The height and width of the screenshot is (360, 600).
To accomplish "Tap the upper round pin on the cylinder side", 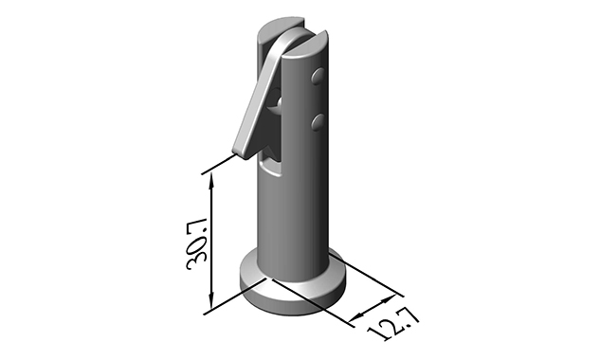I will (x=319, y=75).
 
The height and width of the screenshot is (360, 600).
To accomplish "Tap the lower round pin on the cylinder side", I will (x=318, y=121).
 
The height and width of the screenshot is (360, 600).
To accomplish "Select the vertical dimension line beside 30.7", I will (x=211, y=243).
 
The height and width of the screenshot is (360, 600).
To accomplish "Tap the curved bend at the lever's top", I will (x=276, y=46).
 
